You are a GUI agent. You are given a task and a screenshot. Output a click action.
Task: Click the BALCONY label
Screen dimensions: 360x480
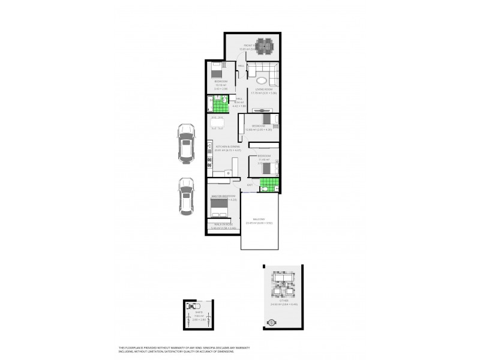tap(259, 220)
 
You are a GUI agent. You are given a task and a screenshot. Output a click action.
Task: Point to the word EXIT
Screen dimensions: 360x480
tap(249, 185)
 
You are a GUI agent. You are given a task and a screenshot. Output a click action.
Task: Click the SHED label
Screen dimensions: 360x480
tap(198, 312)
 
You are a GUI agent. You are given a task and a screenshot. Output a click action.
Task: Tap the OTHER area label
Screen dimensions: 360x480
tap(277, 301)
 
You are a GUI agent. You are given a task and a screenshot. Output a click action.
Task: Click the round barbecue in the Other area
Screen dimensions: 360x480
tap(271, 322)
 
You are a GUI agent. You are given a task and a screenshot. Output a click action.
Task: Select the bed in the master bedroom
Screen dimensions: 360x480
tap(220, 208)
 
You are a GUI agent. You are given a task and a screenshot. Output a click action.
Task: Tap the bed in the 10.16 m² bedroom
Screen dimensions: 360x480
tap(217, 71)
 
